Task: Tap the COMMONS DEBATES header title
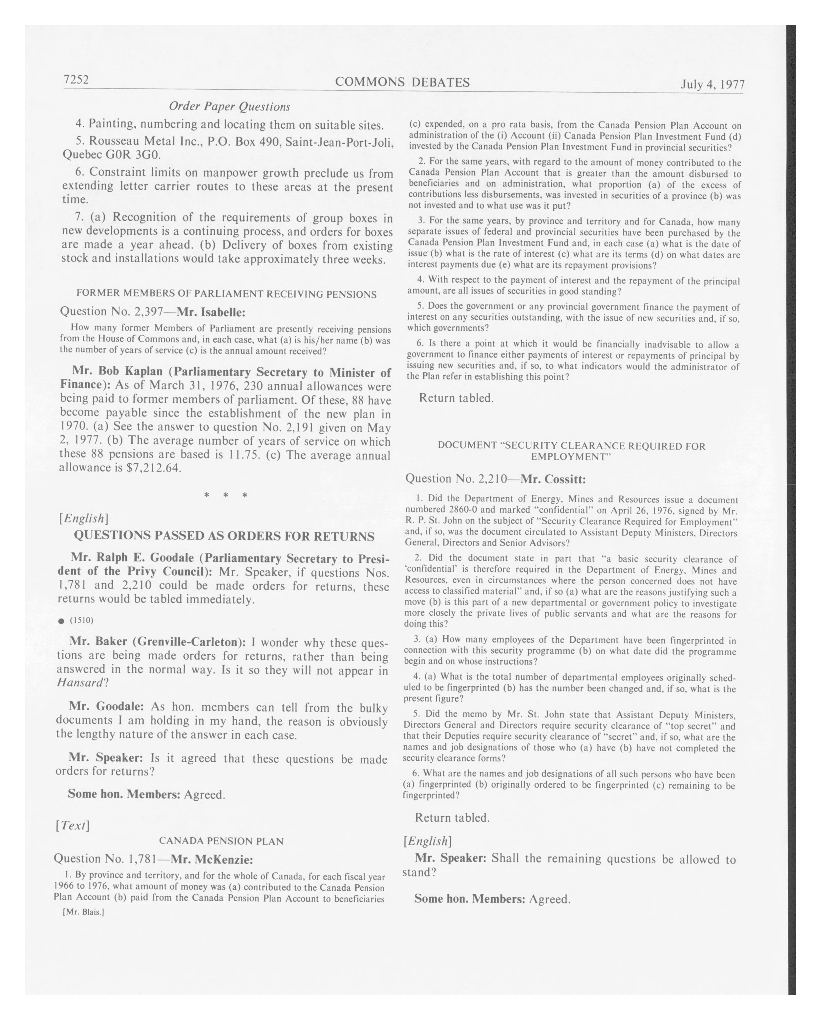[402, 82]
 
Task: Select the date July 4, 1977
[712, 84]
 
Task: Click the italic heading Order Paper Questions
[230, 107]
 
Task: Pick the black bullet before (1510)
[61, 621]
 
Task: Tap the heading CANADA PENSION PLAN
[221, 841]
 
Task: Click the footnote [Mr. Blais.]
[83, 912]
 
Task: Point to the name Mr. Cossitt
[553, 479]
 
